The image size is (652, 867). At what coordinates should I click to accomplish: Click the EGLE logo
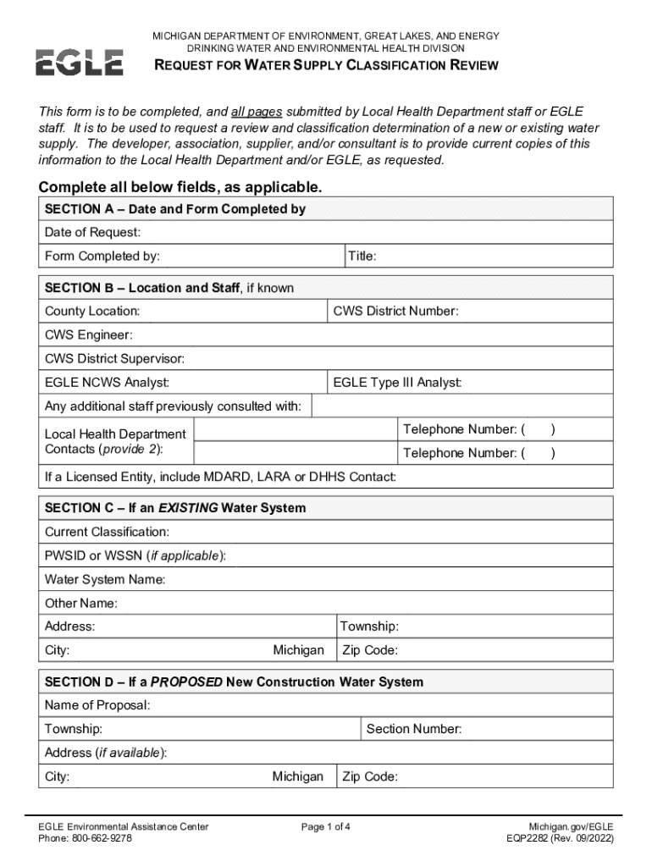click(79, 63)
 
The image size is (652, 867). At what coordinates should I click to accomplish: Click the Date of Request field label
click(92, 232)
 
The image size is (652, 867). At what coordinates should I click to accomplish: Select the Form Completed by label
click(102, 256)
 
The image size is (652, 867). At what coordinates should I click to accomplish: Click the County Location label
click(92, 312)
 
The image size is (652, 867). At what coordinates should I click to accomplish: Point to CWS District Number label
click(395, 312)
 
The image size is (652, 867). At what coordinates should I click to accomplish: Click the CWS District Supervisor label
click(114, 359)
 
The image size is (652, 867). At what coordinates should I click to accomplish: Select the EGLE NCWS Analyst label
click(107, 383)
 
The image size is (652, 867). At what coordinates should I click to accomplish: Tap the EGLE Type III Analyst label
click(397, 383)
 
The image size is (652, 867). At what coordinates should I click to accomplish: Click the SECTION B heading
click(169, 288)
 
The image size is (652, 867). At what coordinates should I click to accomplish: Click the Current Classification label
click(107, 532)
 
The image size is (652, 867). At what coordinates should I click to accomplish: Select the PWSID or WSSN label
click(135, 555)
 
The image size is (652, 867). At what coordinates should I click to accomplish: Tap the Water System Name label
click(105, 580)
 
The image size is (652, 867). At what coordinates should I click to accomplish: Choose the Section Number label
click(414, 729)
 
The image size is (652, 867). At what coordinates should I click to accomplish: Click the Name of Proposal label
click(97, 705)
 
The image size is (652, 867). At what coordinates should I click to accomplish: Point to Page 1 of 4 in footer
click(326, 826)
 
